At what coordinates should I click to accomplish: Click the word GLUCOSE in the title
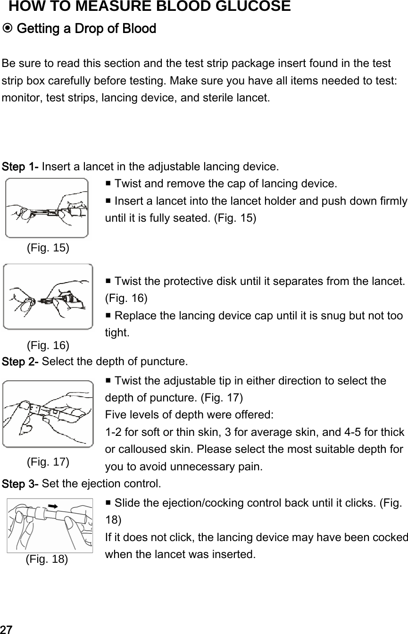(x=245, y=7)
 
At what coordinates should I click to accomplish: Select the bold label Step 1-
(x=21, y=167)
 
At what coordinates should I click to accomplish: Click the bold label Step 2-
(x=21, y=362)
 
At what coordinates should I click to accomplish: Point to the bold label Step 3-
(x=21, y=484)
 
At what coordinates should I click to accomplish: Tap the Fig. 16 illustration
(x=48, y=296)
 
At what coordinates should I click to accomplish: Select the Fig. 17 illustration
(x=48, y=414)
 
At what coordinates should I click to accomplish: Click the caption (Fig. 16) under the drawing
(x=48, y=345)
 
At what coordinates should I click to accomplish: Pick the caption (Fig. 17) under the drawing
(x=48, y=461)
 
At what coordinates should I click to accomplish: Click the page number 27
(x=6, y=629)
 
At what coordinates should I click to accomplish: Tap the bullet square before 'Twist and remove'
(x=108, y=183)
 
